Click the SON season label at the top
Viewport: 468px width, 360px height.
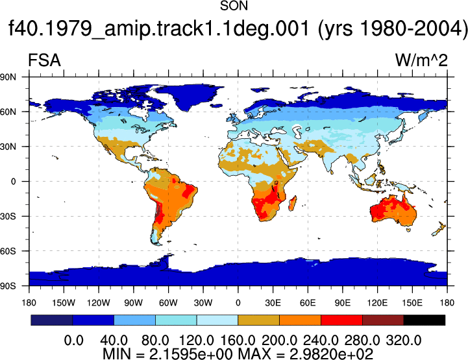tap(234, 6)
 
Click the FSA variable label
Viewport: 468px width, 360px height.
tap(45, 60)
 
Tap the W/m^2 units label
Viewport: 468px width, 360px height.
tap(421, 60)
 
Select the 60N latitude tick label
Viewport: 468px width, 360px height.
tap(8, 112)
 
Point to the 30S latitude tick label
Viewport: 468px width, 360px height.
tap(8, 216)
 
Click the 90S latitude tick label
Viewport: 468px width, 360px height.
tap(8, 286)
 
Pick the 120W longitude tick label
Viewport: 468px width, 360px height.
tap(99, 303)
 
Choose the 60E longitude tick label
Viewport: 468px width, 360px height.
tap(308, 303)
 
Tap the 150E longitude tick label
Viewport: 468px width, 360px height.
tap(412, 303)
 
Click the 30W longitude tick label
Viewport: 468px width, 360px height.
tap(203, 303)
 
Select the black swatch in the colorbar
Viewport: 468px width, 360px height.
tap(424, 320)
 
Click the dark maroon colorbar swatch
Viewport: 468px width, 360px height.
tap(383, 320)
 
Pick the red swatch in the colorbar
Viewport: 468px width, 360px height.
tap(341, 320)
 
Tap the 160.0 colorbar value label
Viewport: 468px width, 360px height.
tap(238, 341)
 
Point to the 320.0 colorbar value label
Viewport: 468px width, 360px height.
tap(404, 341)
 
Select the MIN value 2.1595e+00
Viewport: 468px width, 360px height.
tap(191, 354)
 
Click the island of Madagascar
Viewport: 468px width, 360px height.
tap(293, 203)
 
